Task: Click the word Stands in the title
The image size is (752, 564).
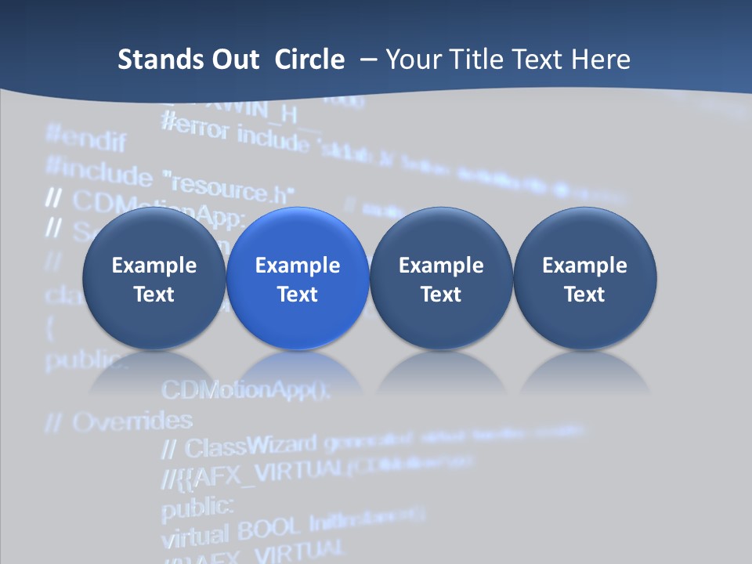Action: (x=159, y=60)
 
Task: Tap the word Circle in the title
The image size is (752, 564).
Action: (x=309, y=60)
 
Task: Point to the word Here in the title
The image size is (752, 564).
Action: (x=601, y=60)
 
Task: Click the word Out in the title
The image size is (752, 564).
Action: (x=233, y=60)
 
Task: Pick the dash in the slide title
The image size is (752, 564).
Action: (x=367, y=60)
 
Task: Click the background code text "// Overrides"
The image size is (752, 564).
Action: (x=118, y=421)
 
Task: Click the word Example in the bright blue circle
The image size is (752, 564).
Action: (x=298, y=266)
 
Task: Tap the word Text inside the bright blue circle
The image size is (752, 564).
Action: (x=298, y=295)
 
